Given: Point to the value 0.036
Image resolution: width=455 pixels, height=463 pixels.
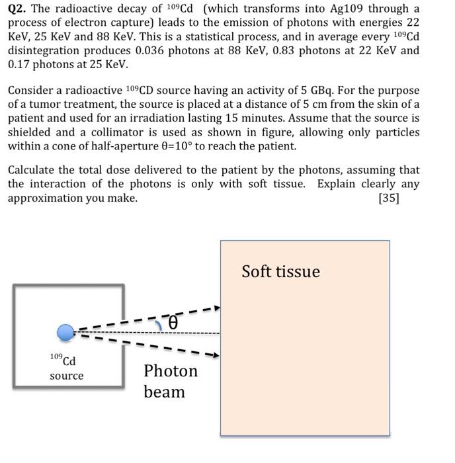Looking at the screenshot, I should point(170,50).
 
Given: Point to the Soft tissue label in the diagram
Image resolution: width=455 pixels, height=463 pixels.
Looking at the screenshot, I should point(280,272).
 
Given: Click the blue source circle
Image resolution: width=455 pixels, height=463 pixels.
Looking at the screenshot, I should point(65,333).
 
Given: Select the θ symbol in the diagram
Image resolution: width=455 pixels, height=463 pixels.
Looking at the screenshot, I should point(173,323).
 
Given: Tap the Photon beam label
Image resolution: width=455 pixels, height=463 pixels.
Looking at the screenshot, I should point(170,381).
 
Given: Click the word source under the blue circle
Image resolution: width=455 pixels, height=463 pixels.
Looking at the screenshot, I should point(67,376).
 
